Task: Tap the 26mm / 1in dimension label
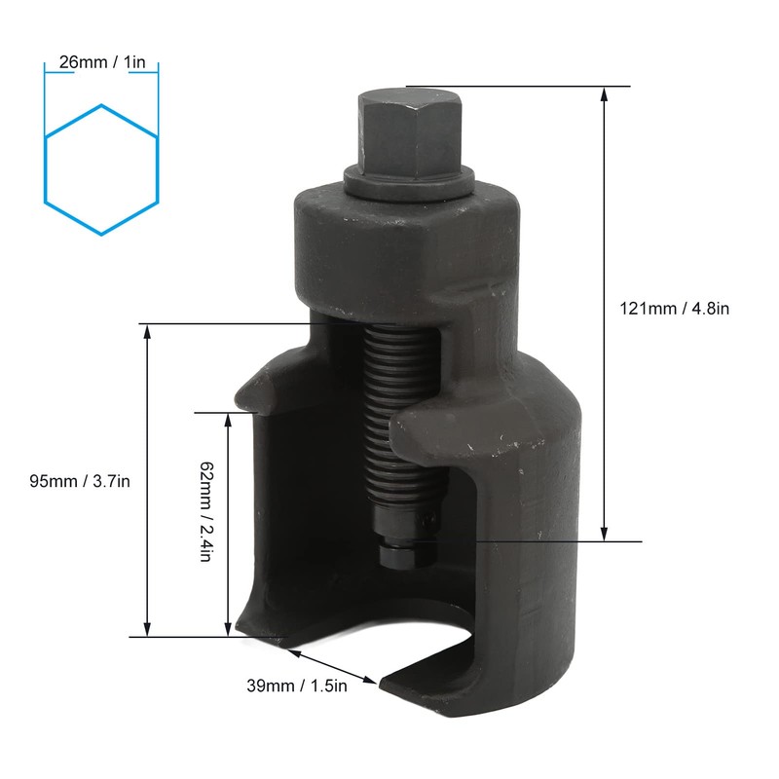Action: (101, 62)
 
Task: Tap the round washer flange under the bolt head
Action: (407, 183)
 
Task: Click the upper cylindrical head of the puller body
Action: (404, 243)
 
